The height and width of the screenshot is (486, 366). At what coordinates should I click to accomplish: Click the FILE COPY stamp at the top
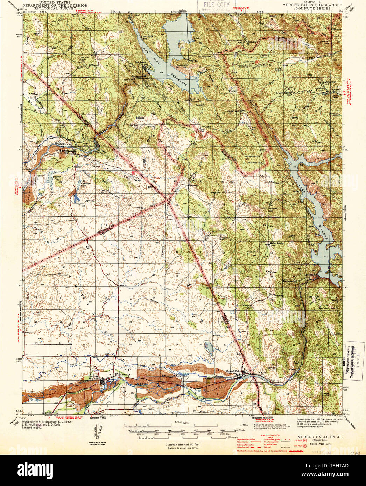pos(215,5)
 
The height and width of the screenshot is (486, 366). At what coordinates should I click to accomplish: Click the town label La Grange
pos(62,151)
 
